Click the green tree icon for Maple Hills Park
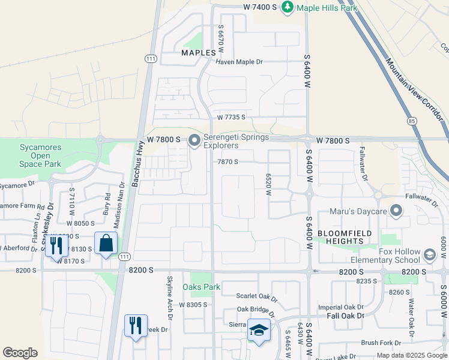click(288, 7)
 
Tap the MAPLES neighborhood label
click(198, 53)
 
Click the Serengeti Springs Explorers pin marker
click(194, 141)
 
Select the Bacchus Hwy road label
click(136, 171)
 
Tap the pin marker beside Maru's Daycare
click(396, 211)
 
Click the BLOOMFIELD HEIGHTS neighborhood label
click(345, 237)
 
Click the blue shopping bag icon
click(106, 243)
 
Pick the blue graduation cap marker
click(259, 330)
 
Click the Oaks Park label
click(201, 287)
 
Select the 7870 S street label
click(228, 162)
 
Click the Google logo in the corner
click(20, 353)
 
